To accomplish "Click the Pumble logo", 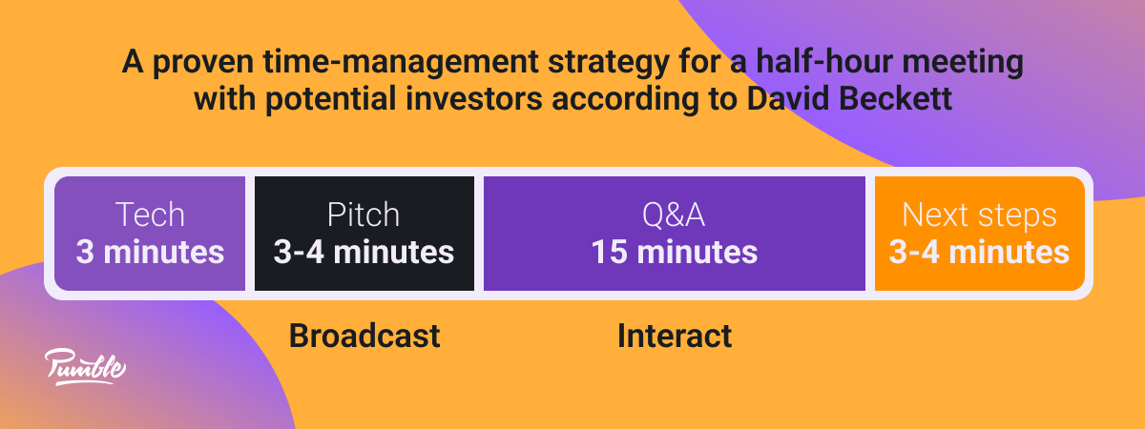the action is [85, 367].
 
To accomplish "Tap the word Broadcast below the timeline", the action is [364, 336].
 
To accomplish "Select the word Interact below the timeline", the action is [675, 336].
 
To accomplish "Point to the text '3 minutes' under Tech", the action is [150, 252].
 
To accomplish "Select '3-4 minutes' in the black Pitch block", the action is [364, 252].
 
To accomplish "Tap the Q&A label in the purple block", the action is [674, 214].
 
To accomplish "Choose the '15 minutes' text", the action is [675, 252].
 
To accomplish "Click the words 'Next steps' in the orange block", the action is [979, 215].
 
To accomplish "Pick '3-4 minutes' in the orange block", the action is [979, 252].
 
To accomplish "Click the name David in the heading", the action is [787, 98].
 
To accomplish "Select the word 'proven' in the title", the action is [203, 63].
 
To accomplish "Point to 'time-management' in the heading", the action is [401, 63].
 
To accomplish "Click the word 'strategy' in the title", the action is [609, 63].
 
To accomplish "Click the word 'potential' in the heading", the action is [330, 99].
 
